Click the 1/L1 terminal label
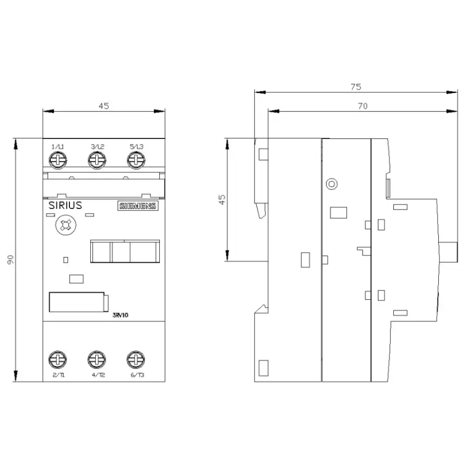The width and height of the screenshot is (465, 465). [58, 147]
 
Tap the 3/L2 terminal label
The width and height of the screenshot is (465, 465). [97, 147]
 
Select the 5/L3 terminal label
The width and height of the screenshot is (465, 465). [136, 147]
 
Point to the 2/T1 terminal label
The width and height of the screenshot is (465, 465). [59, 375]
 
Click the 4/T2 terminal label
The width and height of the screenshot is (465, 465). [98, 375]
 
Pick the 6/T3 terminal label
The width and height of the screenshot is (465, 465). [137, 375]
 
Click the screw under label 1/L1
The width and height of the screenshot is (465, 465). [58, 160]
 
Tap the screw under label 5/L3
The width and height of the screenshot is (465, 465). [136, 160]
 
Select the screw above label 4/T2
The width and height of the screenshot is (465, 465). [97, 360]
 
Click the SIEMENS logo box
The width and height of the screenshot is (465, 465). [138, 206]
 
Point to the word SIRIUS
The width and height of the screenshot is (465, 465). [65, 205]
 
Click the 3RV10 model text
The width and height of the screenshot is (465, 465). [120, 315]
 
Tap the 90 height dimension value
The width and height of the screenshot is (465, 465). [10, 260]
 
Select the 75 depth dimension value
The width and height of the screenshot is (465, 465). [356, 87]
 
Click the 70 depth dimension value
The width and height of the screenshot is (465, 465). [363, 106]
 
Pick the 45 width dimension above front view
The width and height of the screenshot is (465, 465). [104, 106]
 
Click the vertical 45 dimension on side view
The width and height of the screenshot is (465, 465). [222, 200]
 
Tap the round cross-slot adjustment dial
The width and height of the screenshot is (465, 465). [66, 225]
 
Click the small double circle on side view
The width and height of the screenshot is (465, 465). [332, 184]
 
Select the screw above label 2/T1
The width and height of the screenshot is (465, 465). [57, 360]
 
